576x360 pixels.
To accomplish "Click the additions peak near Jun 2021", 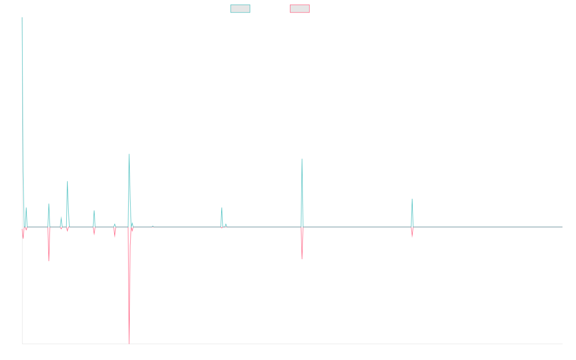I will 302,159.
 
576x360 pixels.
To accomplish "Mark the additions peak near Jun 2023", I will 412,199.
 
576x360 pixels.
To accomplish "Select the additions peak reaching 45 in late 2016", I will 67,181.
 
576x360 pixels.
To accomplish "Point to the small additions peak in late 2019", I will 222,208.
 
